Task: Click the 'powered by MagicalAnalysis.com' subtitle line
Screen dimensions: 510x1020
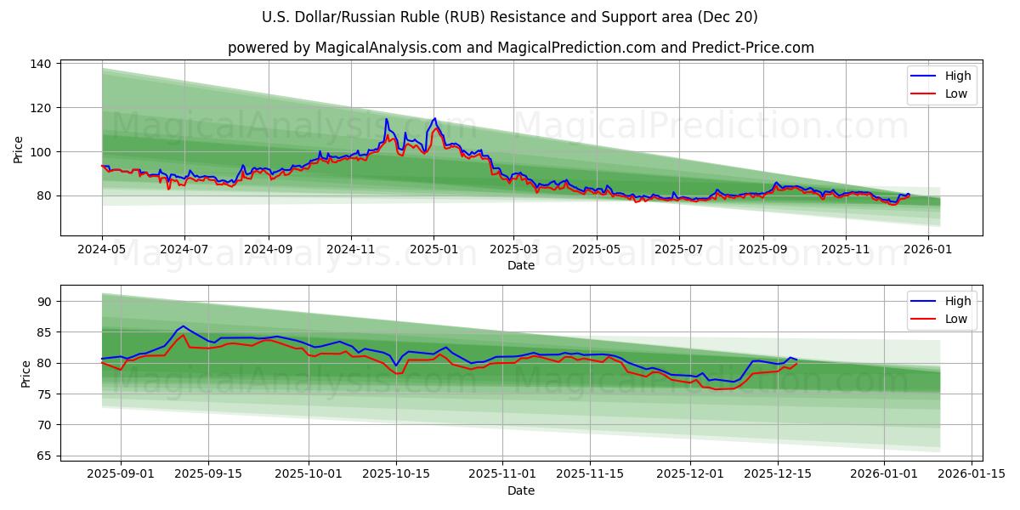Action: [x=520, y=48]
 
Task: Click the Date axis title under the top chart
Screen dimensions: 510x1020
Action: [x=520, y=265]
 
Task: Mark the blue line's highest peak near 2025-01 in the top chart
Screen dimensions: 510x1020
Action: [x=434, y=119]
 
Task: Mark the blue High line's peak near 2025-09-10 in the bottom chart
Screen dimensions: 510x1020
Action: [x=183, y=326]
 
